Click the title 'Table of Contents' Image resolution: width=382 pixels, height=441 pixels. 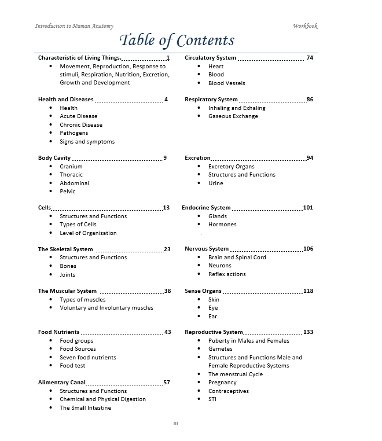click(177, 40)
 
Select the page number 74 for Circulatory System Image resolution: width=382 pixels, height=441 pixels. click(310, 58)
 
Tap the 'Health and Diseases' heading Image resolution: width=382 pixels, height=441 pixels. click(65, 100)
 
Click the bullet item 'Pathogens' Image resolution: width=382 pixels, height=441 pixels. click(74, 133)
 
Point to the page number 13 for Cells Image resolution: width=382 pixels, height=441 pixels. click(166, 208)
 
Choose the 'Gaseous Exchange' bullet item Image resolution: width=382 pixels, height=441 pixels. click(233, 116)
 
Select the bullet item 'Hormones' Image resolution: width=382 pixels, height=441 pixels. click(222, 225)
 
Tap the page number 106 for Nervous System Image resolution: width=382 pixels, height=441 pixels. click(308, 249)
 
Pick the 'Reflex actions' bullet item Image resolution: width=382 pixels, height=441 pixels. click(227, 274)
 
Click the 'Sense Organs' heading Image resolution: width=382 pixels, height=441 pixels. click(203, 291)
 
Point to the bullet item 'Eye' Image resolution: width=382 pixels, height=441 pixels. click(213, 308)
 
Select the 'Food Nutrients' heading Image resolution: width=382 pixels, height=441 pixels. click(58, 332)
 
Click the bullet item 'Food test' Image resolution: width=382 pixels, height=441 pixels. click(72, 366)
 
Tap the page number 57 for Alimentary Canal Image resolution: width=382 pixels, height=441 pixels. click(167, 383)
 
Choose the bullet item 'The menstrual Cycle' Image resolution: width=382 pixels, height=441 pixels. click(236, 374)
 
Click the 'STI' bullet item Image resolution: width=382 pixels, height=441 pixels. click(212, 399)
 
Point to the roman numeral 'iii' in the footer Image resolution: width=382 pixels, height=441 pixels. click(175, 424)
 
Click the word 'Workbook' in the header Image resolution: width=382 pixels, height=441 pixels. click(305, 26)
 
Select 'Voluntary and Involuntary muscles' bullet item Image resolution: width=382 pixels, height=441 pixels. click(106, 308)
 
